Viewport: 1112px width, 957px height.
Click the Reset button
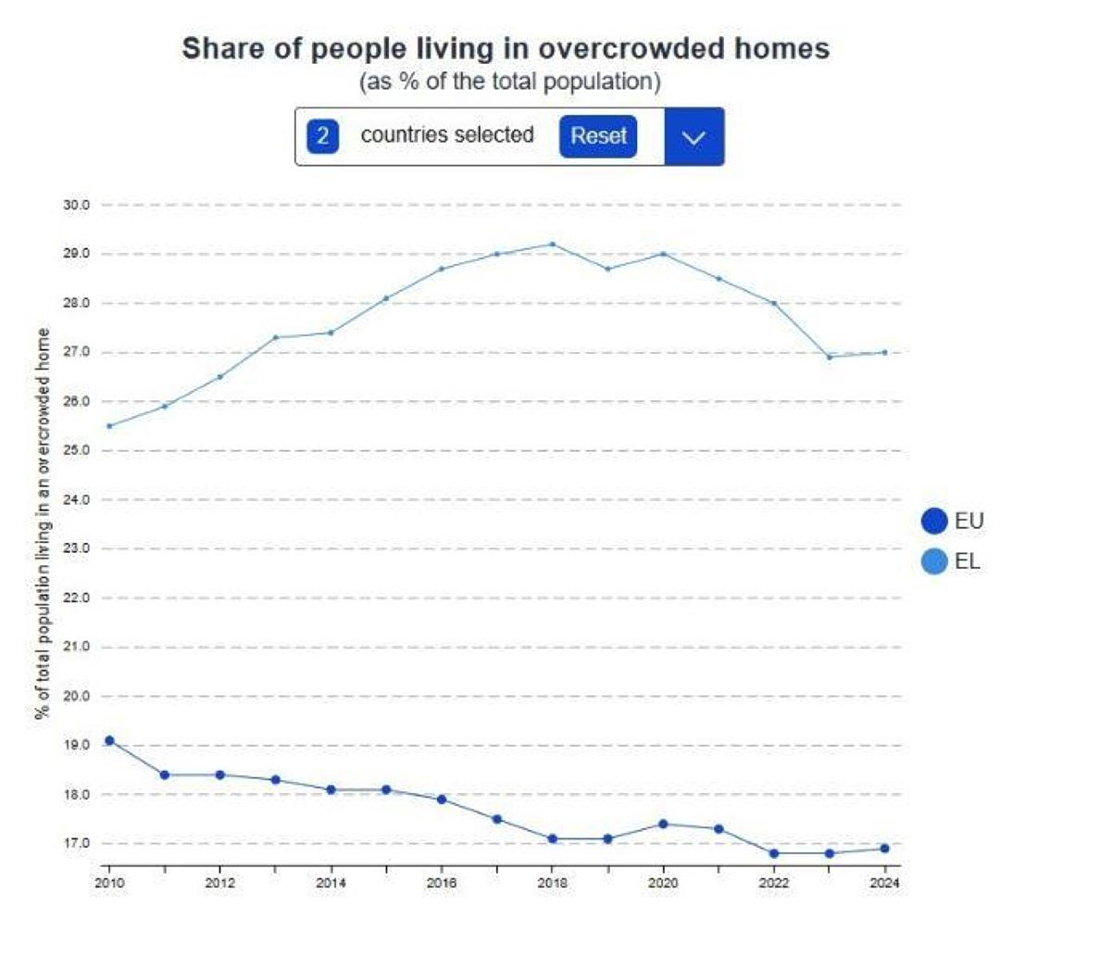click(598, 136)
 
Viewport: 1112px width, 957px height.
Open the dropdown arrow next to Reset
click(693, 137)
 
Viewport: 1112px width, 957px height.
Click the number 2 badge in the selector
click(322, 136)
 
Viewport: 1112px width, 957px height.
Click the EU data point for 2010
click(109, 740)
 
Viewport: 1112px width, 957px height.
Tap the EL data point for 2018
click(553, 245)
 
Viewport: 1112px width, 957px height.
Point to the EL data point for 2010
click(109, 426)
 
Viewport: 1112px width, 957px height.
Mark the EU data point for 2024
click(884, 848)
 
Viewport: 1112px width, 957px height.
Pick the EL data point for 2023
click(829, 357)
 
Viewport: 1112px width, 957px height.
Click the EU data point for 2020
click(663, 824)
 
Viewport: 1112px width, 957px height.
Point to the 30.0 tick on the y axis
click(76, 205)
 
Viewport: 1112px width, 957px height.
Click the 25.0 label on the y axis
click(76, 450)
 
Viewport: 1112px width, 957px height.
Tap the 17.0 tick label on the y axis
click(76, 843)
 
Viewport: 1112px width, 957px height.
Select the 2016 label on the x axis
click(442, 883)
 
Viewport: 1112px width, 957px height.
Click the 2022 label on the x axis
click(774, 883)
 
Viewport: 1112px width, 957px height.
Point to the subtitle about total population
click(509, 82)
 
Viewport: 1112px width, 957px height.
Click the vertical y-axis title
click(43, 523)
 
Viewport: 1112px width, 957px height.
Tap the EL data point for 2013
click(276, 337)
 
